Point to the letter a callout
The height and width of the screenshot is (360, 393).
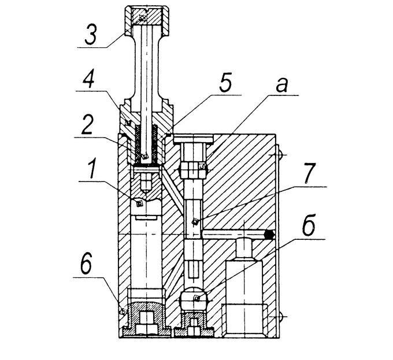[x=281, y=84]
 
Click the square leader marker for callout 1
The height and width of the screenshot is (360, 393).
[x=139, y=203]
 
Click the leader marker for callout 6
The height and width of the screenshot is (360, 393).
[x=123, y=312]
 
